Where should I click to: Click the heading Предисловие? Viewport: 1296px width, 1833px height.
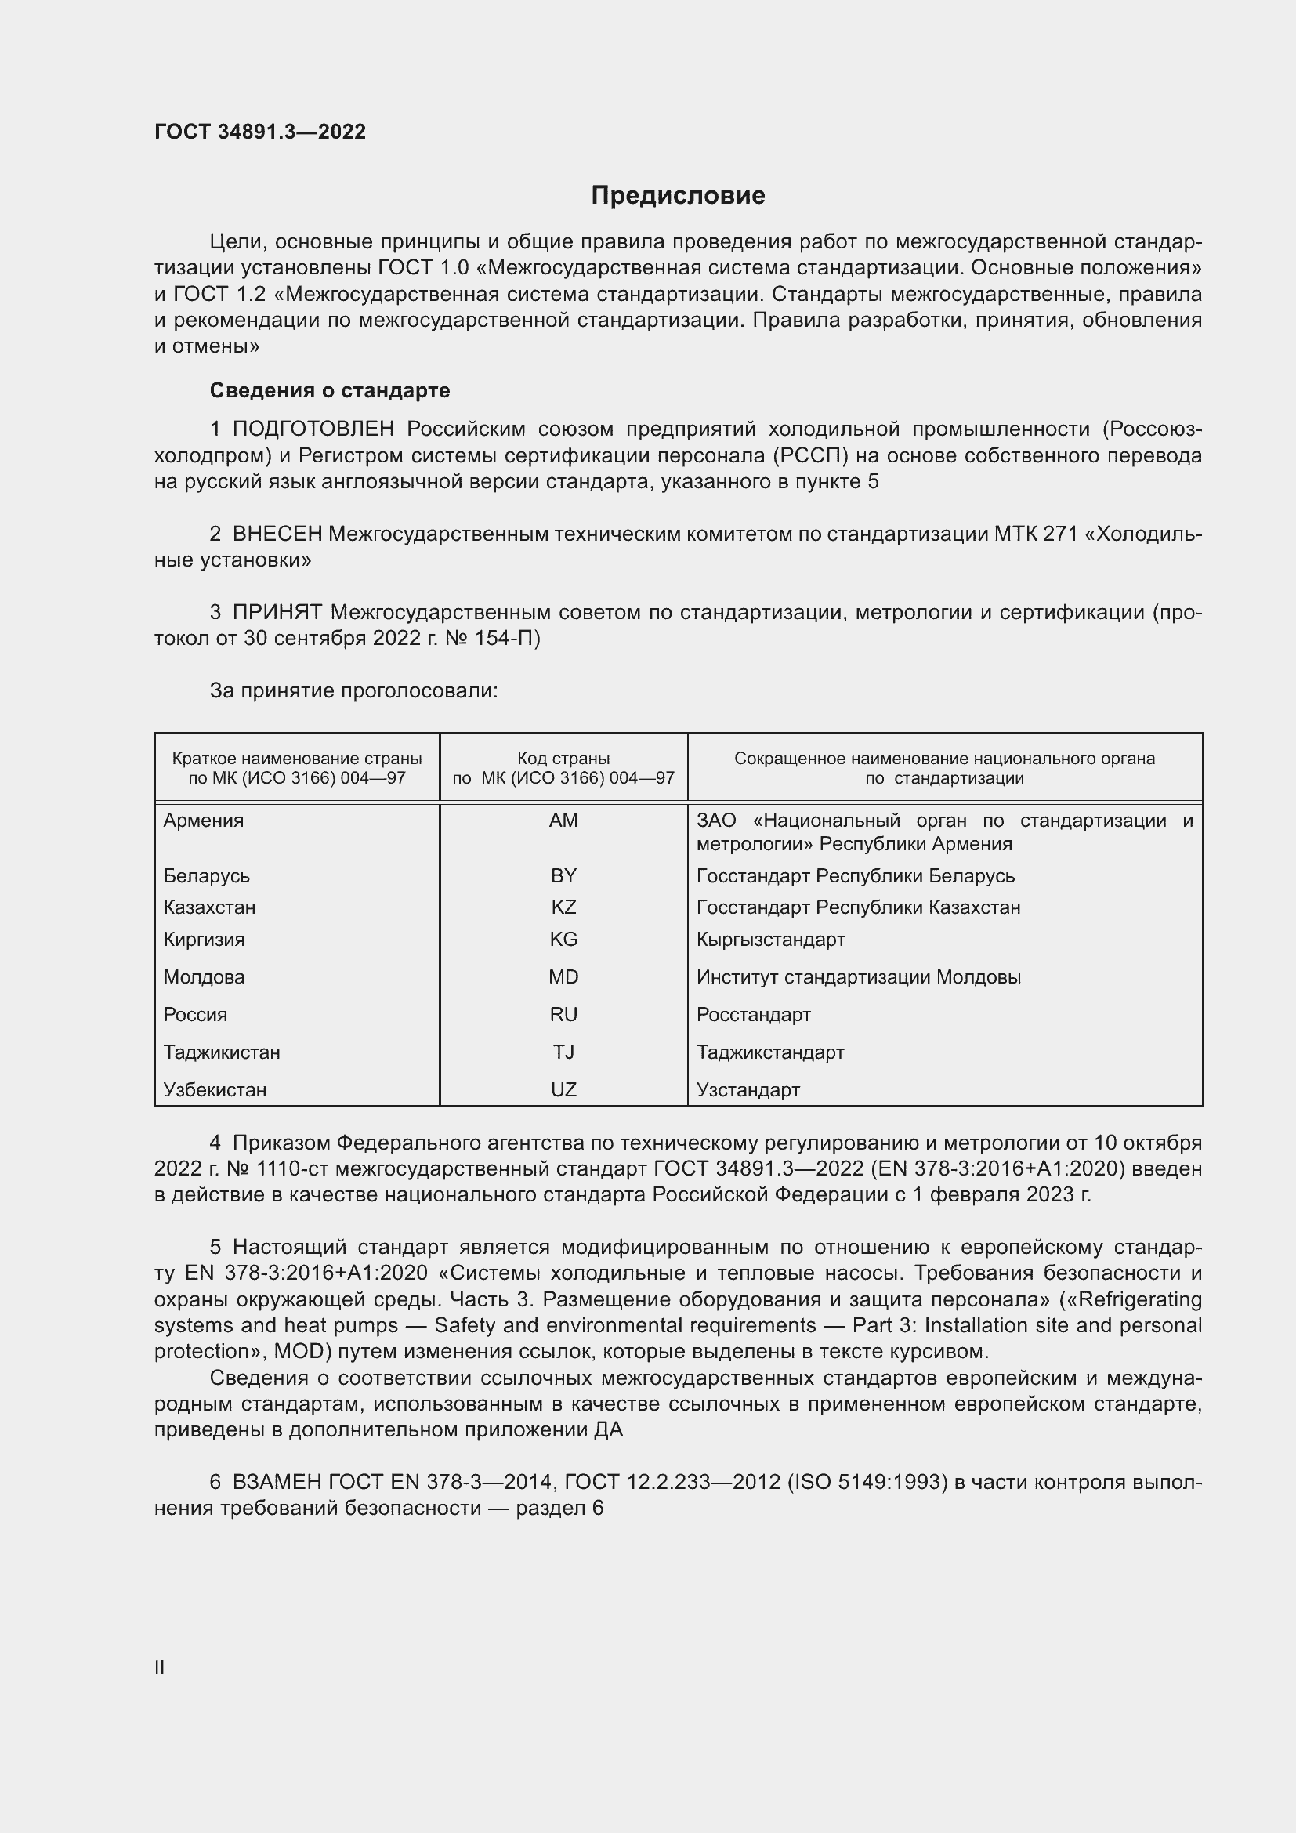pos(678,196)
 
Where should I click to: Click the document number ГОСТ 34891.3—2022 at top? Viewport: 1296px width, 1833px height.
pos(260,132)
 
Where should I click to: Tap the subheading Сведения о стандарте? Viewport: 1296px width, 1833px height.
pos(330,390)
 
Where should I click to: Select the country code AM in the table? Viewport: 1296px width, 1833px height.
pos(563,820)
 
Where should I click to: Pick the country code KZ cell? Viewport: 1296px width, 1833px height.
pos(563,907)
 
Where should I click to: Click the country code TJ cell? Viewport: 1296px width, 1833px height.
pos(563,1052)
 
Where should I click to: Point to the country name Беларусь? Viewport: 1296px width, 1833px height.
pos(207,876)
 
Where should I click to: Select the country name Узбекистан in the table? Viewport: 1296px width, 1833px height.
pos(215,1090)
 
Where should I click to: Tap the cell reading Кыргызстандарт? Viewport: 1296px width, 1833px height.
pos(770,939)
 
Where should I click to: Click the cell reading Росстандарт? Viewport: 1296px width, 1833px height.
pos(753,1015)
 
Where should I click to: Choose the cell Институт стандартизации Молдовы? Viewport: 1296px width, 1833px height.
pos(858,977)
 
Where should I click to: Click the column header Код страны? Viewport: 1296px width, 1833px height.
pos(563,759)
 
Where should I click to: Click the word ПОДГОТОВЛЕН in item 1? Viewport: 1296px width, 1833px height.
pos(313,429)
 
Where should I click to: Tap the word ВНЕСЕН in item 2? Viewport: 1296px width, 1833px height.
pos(277,534)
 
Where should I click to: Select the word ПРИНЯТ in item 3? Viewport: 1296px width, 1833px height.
pos(277,613)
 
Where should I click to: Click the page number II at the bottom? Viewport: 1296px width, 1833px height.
pos(160,1668)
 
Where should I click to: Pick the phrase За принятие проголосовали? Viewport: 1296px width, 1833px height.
pos(353,690)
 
